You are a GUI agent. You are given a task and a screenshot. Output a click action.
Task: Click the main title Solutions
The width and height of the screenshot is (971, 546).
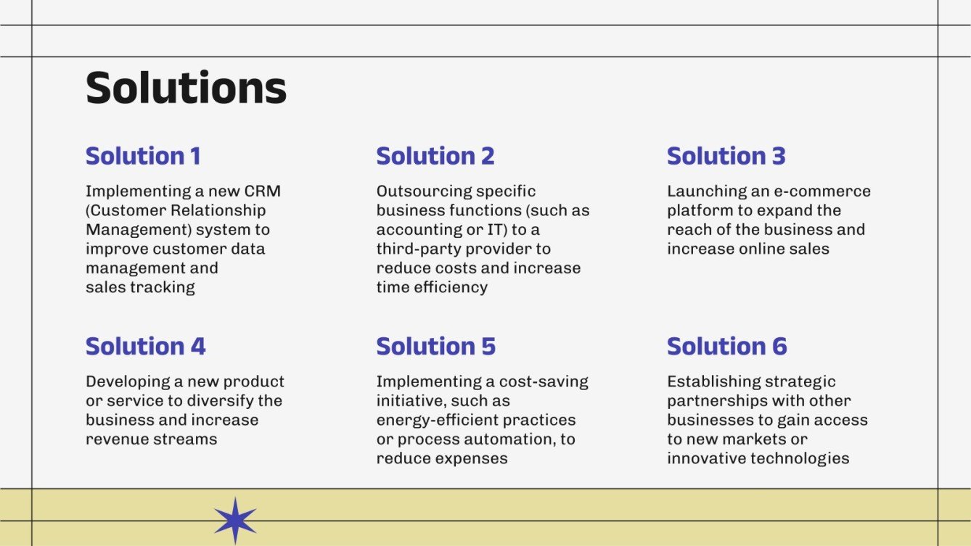[186, 88]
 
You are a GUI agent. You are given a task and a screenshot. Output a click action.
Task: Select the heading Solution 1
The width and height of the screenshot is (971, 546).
[143, 156]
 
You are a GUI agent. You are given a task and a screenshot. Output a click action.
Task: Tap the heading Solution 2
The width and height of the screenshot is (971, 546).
[435, 156]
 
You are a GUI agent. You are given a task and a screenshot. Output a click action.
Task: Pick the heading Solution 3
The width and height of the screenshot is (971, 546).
[726, 156]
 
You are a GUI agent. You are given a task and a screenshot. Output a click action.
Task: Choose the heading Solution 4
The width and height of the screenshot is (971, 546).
[145, 346]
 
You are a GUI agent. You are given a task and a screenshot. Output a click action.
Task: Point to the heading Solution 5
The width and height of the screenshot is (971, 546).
[435, 346]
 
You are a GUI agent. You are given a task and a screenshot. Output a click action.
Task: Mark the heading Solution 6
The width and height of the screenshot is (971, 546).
[726, 346]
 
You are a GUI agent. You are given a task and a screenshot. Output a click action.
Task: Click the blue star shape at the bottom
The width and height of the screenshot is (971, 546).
[235, 521]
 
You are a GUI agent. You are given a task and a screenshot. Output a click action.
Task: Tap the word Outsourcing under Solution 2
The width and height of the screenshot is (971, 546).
[424, 191]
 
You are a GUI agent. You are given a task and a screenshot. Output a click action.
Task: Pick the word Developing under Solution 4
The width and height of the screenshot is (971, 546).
[128, 381]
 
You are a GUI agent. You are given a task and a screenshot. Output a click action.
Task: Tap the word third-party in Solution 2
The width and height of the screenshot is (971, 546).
[413, 249]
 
